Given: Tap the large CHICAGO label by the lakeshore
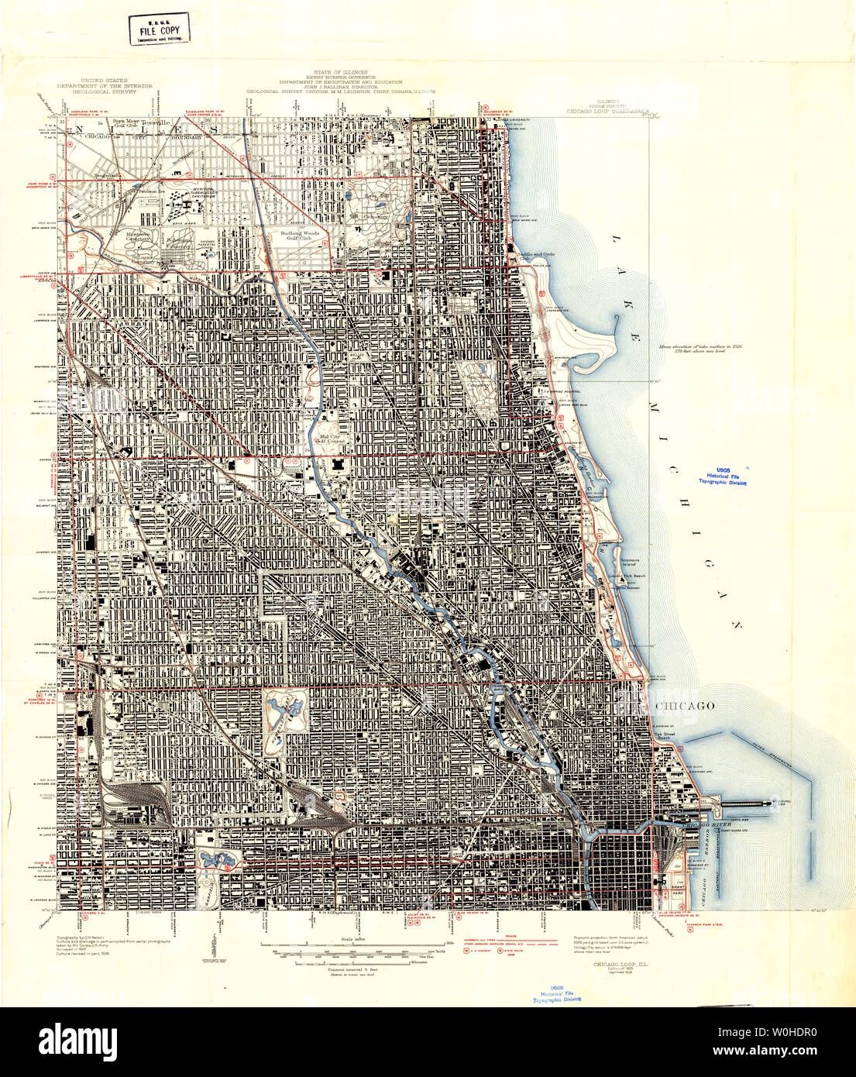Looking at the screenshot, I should tap(684, 706).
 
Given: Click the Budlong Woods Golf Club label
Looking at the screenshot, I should tap(300, 235).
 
